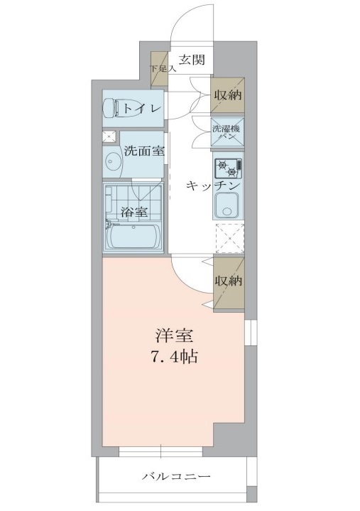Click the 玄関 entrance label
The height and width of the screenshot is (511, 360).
tap(191, 60)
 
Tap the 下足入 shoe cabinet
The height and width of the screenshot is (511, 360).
tap(158, 70)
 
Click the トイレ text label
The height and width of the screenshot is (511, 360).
tap(142, 108)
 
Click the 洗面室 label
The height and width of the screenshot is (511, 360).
tap(145, 151)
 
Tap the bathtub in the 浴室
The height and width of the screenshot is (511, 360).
tap(133, 235)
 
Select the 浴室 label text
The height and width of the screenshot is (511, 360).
tap(133, 211)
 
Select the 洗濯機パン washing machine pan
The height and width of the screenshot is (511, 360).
tap(227, 133)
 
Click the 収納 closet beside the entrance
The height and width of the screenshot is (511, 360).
tap(227, 94)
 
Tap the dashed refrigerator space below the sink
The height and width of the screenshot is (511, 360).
tap(229, 238)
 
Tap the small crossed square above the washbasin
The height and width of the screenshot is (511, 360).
tap(109, 136)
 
